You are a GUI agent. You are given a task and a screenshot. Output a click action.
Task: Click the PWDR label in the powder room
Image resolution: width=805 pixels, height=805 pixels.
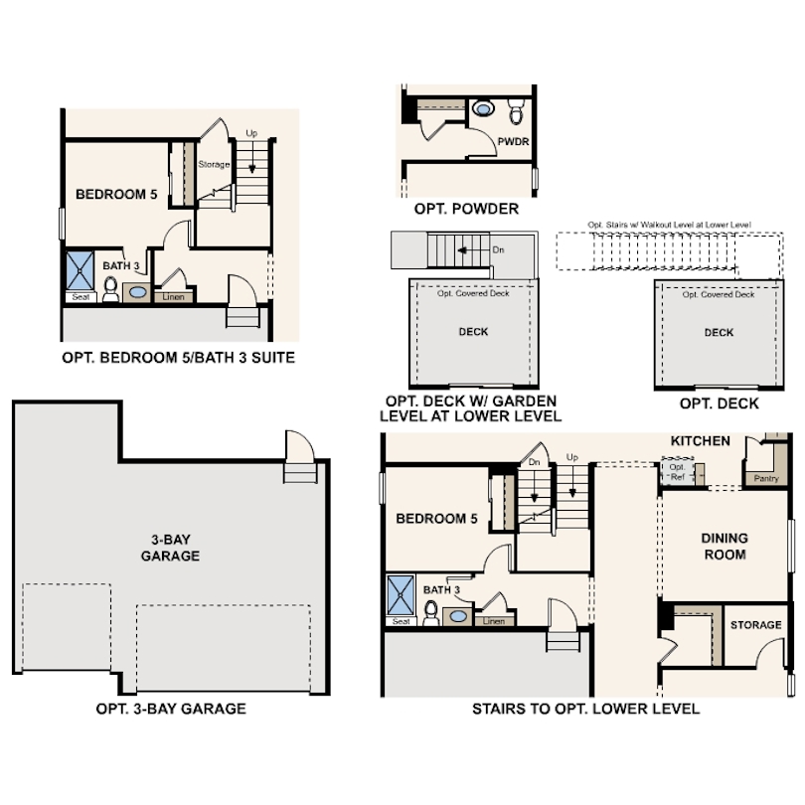tap(513, 142)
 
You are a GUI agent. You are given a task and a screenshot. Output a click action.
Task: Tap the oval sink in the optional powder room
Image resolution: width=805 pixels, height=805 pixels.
tap(484, 107)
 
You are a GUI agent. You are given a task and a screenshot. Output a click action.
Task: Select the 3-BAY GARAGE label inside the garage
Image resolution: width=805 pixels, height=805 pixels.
tap(169, 547)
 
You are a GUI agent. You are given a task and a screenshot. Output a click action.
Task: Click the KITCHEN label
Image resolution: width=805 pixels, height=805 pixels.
tap(700, 440)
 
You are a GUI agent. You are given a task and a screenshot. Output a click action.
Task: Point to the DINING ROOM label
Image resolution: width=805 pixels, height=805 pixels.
tap(724, 546)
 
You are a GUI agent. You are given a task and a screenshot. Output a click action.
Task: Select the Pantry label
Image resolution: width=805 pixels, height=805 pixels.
tap(766, 478)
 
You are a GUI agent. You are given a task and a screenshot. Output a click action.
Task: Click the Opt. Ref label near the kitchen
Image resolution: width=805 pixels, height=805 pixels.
tap(677, 472)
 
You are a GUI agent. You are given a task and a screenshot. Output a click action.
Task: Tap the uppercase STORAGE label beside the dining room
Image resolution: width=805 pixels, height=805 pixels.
tap(755, 625)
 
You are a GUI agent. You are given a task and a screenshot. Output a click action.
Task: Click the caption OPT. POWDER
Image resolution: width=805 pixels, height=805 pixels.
tap(466, 209)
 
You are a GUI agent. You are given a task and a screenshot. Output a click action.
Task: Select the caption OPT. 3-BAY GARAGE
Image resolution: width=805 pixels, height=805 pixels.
tap(171, 709)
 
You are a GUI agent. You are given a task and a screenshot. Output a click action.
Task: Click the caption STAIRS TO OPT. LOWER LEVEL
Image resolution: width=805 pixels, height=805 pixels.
tap(585, 709)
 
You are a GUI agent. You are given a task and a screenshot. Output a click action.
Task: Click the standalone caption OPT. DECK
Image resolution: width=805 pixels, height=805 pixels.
tap(719, 402)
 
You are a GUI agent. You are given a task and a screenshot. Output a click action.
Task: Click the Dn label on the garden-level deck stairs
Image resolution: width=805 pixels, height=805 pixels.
tap(498, 249)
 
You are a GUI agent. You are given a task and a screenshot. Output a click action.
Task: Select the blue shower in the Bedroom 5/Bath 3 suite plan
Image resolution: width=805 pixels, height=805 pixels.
tap(79, 269)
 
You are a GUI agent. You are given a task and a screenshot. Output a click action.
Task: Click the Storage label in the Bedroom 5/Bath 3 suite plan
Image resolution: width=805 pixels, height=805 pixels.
tap(214, 164)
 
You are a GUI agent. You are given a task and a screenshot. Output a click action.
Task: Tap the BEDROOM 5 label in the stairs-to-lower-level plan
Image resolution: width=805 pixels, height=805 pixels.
tap(436, 519)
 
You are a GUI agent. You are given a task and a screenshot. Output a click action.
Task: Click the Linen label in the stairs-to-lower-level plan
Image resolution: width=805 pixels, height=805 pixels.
tap(493, 621)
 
